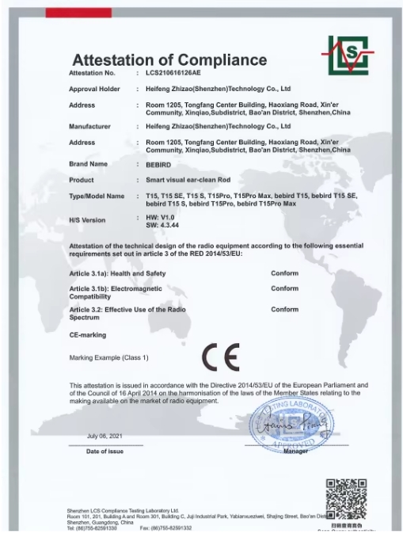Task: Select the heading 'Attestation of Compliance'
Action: point(169,59)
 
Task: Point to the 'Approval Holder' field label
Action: point(94,90)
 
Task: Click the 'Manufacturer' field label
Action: point(89,126)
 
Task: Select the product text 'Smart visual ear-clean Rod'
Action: point(185,179)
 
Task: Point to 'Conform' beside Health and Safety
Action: point(284,273)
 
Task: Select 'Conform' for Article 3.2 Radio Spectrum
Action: point(284,310)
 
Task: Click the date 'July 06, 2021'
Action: point(105,437)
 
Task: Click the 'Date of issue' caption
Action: point(105,452)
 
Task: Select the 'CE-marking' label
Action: point(87,336)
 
